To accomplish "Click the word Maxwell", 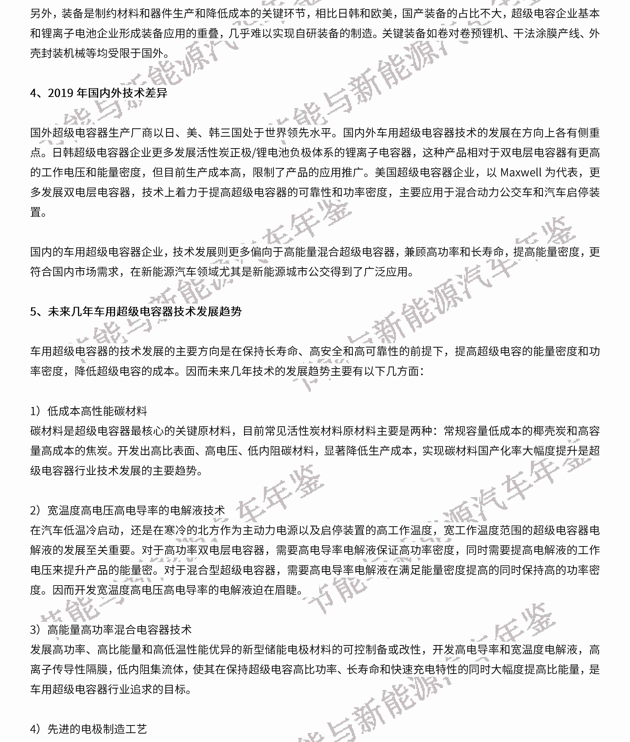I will [521, 173].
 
